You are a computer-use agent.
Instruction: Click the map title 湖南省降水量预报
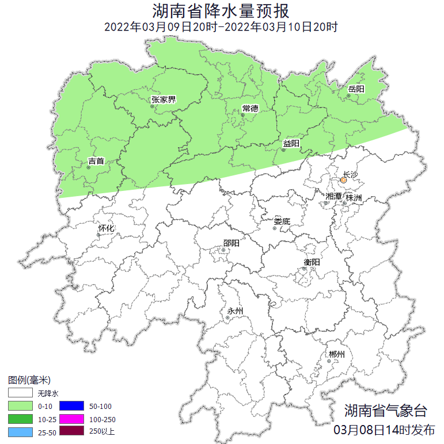tap(222, 10)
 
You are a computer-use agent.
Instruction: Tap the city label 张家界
tap(164, 99)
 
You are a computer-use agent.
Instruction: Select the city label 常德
tap(251, 109)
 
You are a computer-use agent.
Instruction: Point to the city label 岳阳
tap(356, 89)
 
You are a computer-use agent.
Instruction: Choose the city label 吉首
tap(96, 162)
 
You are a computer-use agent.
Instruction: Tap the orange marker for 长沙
tap(343, 180)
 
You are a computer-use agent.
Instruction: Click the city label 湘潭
tap(333, 196)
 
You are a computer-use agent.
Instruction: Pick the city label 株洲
tap(354, 198)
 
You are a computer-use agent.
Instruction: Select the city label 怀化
tap(107, 228)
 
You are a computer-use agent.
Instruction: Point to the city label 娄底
tap(282, 221)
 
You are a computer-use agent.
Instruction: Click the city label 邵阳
tap(232, 243)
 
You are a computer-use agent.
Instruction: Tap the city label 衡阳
tap(312, 262)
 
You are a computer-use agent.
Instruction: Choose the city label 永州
tap(235, 311)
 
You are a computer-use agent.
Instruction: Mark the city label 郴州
tap(336, 354)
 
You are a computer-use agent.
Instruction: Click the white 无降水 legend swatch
tap(21, 393)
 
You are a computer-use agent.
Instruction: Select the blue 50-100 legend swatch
tap(72, 406)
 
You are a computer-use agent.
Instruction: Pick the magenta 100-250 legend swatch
tap(72, 419)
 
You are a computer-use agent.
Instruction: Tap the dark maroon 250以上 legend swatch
tap(72, 431)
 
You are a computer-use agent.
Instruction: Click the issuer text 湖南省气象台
tap(386, 411)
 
